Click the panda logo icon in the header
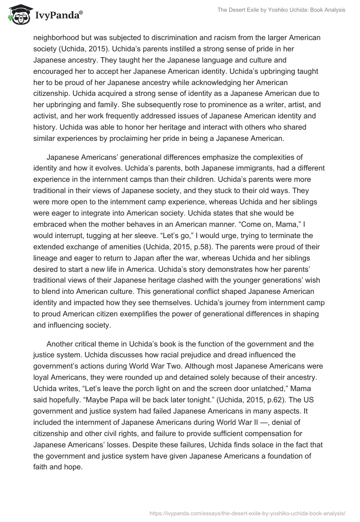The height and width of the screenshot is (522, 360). [17, 14]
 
